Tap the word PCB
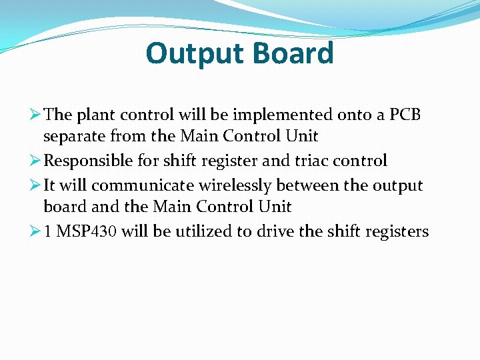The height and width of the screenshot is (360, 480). click(x=405, y=115)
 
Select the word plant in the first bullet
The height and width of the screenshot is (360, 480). click(x=97, y=115)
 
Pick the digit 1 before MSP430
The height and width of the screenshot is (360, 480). click(x=48, y=231)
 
